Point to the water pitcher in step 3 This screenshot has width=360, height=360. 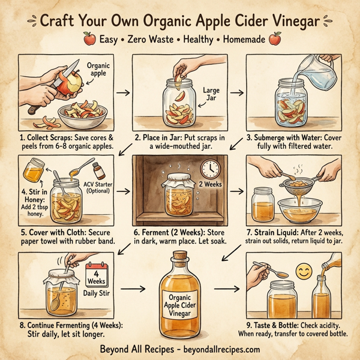tap(321, 74)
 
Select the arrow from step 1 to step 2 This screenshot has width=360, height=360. tap(122, 93)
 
